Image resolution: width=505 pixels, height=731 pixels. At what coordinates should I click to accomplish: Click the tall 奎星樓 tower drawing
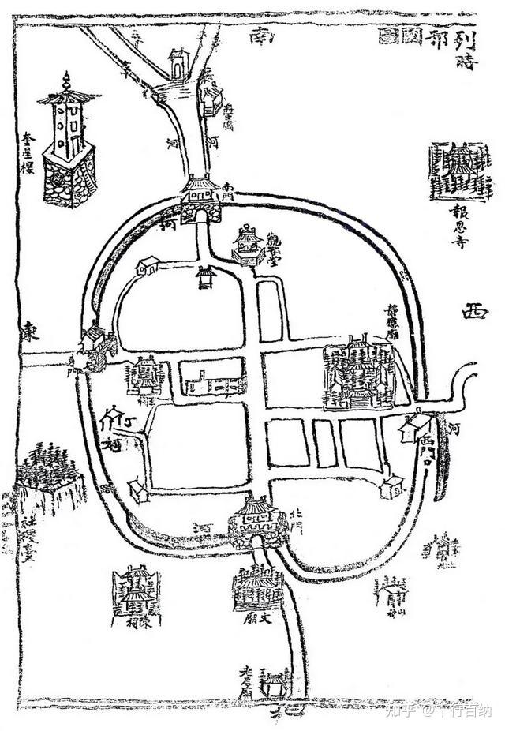pyautogui.click(x=68, y=146)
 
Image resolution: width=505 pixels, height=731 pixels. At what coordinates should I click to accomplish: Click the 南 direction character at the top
pyautogui.click(x=258, y=36)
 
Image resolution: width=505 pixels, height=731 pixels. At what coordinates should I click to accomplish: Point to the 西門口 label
pyautogui.click(x=428, y=448)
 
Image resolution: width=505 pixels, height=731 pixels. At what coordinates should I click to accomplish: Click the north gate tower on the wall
pyautogui.click(x=256, y=521)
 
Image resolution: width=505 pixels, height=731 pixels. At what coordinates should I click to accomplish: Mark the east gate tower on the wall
pyautogui.click(x=96, y=348)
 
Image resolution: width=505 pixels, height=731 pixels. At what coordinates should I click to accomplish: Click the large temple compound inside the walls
pyautogui.click(x=357, y=373)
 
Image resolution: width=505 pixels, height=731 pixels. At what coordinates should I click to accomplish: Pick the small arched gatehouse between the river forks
pyautogui.click(x=180, y=64)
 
